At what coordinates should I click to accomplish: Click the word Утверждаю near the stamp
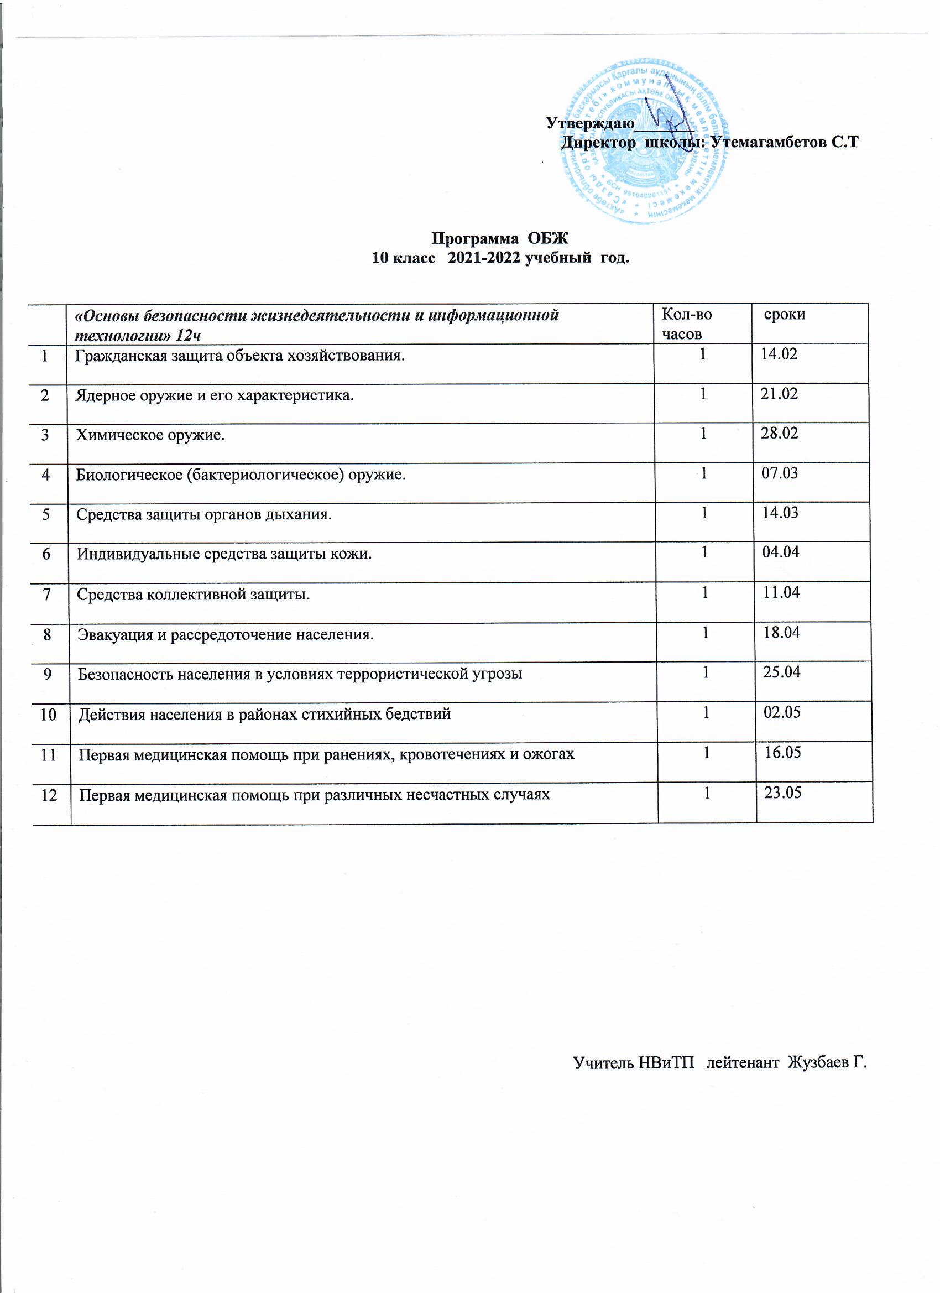pos(590,123)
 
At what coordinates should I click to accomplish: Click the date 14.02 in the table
pos(779,354)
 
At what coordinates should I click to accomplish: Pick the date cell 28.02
pos(779,433)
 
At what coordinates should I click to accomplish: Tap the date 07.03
pos(780,473)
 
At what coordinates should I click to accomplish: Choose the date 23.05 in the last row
pos(782,793)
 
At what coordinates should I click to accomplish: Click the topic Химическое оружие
pos(150,436)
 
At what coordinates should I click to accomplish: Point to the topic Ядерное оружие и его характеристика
pos(215,395)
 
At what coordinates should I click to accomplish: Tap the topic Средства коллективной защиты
pos(194,595)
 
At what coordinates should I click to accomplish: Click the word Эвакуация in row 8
pos(113,634)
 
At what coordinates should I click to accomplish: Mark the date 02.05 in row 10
pos(782,713)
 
